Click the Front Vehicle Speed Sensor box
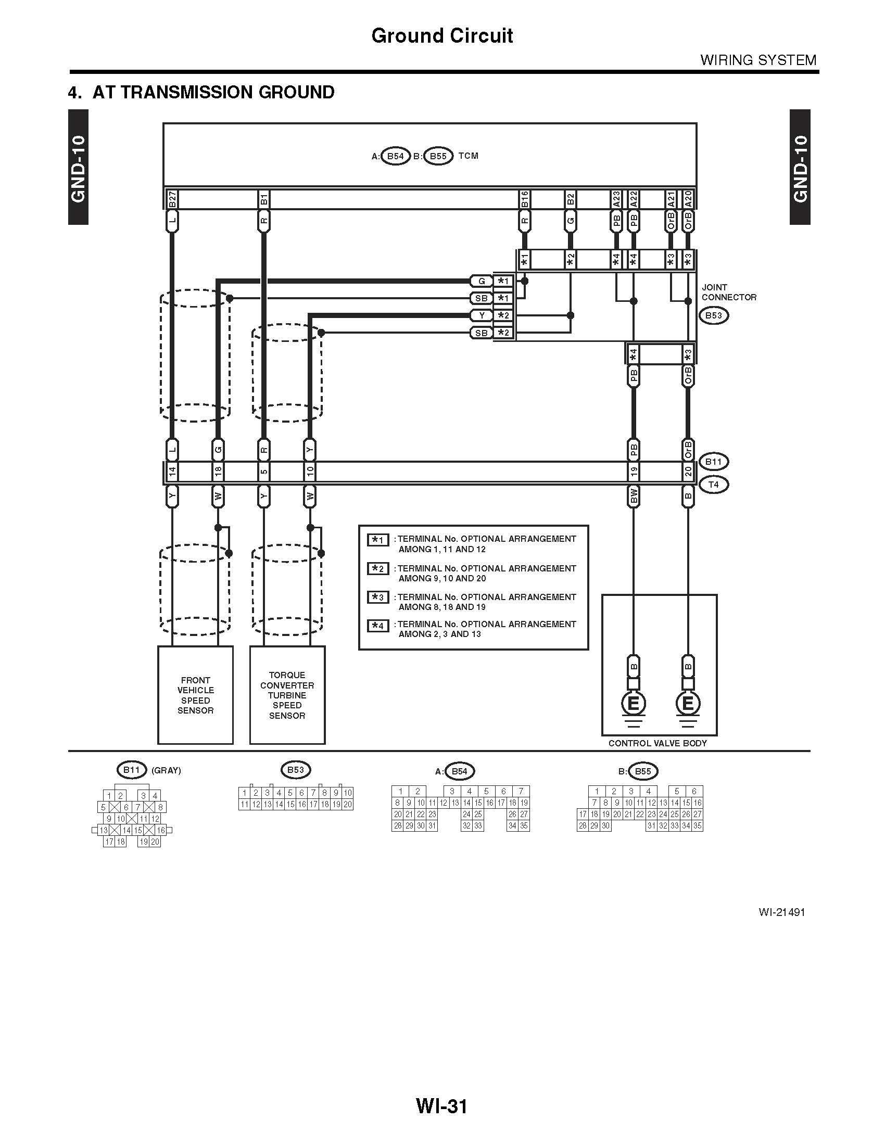click(195, 695)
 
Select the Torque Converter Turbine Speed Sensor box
click(287, 695)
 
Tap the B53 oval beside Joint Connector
click(713, 315)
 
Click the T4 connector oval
click(713, 485)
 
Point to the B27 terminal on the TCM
click(172, 199)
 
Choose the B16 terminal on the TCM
click(525, 199)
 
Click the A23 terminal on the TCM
click(616, 199)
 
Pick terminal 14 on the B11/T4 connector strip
click(172, 473)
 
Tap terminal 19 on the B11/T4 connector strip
click(634, 473)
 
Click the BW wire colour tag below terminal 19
click(634, 496)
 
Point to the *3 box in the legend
click(378, 597)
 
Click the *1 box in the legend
click(378, 540)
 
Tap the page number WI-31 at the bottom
click(441, 1106)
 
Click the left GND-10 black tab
click(78, 167)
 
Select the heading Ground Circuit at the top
click(442, 35)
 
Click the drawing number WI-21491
click(781, 912)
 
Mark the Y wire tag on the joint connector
click(482, 315)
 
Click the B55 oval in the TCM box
click(438, 156)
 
